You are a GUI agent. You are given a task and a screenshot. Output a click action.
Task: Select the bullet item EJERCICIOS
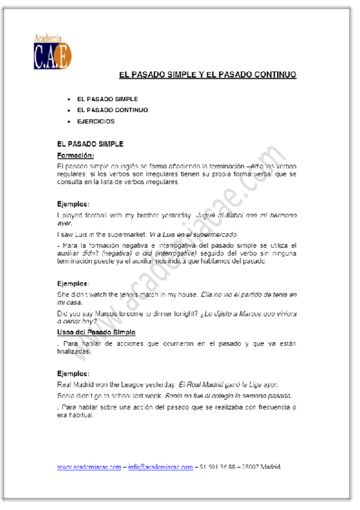click(x=96, y=121)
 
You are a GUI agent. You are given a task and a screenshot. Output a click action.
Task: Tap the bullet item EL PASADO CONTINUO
click(x=112, y=110)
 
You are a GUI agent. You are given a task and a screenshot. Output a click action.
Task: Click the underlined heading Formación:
click(x=75, y=155)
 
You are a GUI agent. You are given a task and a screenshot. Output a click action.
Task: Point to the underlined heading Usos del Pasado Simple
click(x=96, y=332)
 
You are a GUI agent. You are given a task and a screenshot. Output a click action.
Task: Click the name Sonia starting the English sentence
click(x=67, y=395)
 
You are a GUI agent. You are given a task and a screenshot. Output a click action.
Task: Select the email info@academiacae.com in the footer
click(x=160, y=467)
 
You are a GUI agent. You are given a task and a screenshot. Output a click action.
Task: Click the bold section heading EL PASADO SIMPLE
click(x=90, y=144)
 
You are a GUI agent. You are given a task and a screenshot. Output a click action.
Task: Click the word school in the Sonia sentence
click(x=124, y=395)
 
